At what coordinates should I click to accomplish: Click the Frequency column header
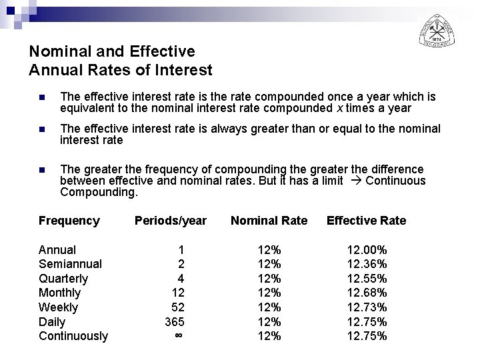pyautogui.click(x=69, y=221)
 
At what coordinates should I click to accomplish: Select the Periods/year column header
pyautogui.click(x=171, y=221)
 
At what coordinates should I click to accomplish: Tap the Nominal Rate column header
pyautogui.click(x=269, y=221)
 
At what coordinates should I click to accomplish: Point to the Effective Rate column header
pyautogui.click(x=366, y=221)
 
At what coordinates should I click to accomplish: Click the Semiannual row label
pyautogui.click(x=70, y=264)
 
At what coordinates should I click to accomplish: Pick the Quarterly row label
pyautogui.click(x=63, y=279)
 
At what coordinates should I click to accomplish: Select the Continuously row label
pyautogui.click(x=73, y=336)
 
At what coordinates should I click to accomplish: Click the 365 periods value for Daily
pyautogui.click(x=175, y=322)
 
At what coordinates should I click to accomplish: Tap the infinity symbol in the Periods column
pyautogui.click(x=178, y=336)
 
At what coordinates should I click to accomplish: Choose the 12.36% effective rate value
pyautogui.click(x=367, y=264)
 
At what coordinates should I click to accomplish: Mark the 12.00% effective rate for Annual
pyautogui.click(x=367, y=250)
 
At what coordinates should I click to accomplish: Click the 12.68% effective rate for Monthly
pyautogui.click(x=367, y=293)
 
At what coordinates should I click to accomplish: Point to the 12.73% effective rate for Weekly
pyautogui.click(x=367, y=307)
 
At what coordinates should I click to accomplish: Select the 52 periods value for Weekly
pyautogui.click(x=178, y=307)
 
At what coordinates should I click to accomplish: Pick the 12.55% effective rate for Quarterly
pyautogui.click(x=367, y=279)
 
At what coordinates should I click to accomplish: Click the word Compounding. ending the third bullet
pyautogui.click(x=99, y=193)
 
